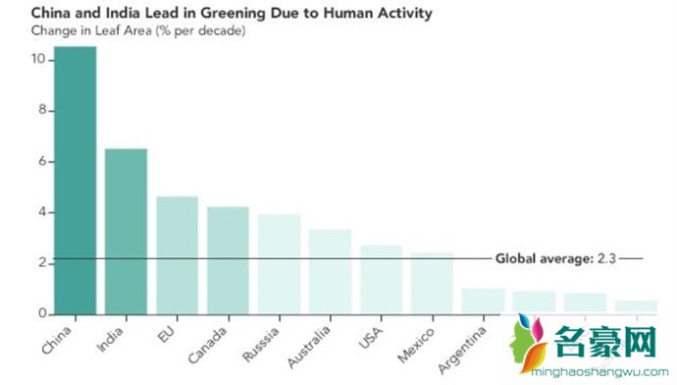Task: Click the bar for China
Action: tap(75, 181)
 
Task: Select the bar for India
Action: tap(126, 232)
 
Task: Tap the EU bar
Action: tap(177, 255)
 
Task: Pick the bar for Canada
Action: tap(228, 260)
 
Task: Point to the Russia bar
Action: tap(279, 264)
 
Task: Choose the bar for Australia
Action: tap(330, 272)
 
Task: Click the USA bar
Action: tap(381, 280)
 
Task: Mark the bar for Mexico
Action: tap(432, 284)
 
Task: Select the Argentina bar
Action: tap(483, 302)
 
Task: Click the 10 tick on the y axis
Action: tap(37, 60)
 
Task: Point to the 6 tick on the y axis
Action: tap(41, 162)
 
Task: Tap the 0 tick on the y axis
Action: tap(41, 314)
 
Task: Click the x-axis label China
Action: tap(61, 340)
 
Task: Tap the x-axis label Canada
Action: tap(211, 344)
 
